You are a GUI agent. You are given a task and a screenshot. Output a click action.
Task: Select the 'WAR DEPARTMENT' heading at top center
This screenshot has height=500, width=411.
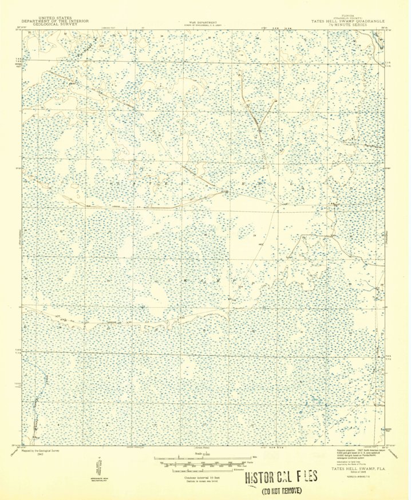200,21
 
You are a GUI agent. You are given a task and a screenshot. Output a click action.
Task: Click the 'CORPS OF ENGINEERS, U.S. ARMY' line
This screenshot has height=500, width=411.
200,24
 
